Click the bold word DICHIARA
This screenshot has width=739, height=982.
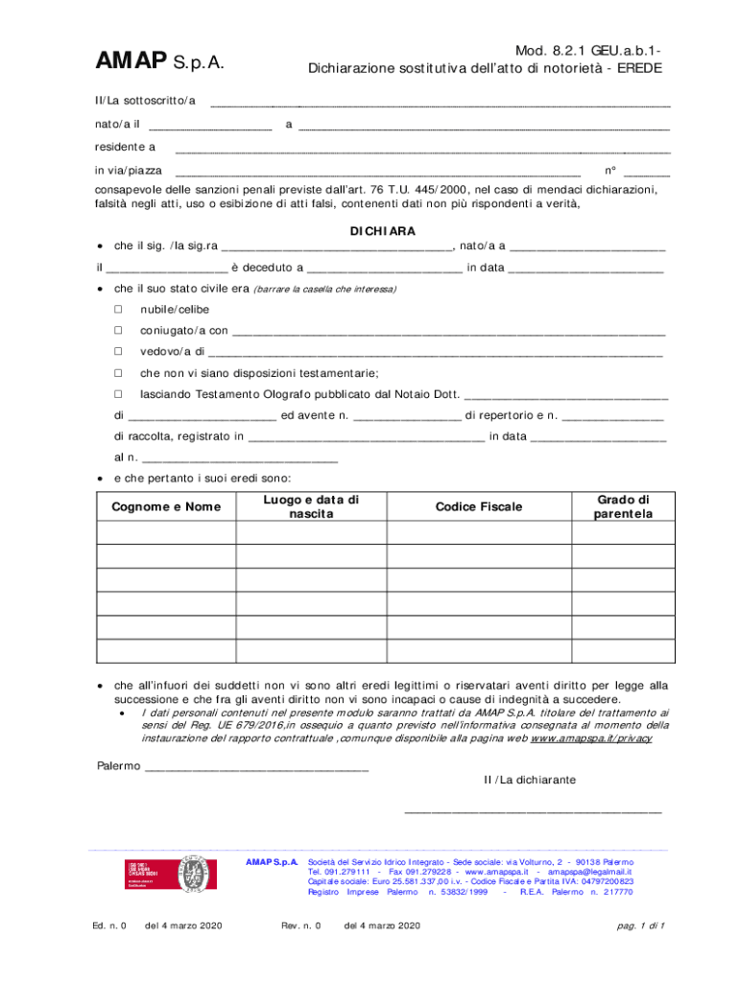[x=383, y=231]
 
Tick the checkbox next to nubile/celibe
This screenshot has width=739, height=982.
[x=119, y=309]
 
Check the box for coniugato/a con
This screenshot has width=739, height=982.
[x=119, y=331]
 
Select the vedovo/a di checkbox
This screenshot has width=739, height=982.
[x=119, y=352]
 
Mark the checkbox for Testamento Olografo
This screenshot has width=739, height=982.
[x=119, y=394]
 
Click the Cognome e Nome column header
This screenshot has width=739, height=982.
[x=166, y=506]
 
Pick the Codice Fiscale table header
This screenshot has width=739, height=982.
[x=479, y=506]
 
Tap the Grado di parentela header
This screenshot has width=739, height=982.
[x=623, y=506]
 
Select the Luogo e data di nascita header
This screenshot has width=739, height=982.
[x=311, y=506]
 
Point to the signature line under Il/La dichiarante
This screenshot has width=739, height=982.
[x=534, y=811]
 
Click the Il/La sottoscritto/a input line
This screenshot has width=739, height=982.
[x=440, y=103]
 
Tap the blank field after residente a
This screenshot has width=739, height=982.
[x=423, y=150]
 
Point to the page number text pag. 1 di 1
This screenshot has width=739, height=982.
[x=642, y=925]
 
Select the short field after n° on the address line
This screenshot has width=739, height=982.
[x=653, y=174]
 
